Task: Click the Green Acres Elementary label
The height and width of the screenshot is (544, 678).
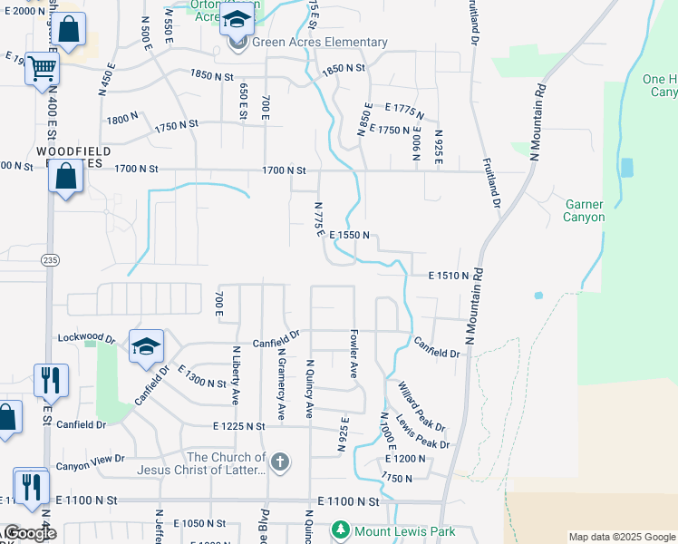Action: tap(320, 43)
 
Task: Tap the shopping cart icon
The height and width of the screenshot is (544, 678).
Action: tap(42, 68)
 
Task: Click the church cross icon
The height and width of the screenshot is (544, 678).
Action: tap(280, 462)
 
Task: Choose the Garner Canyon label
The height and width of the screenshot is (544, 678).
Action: tap(583, 210)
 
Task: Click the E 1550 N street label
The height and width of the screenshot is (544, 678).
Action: tap(350, 235)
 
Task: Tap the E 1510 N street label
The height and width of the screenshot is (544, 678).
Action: tap(449, 276)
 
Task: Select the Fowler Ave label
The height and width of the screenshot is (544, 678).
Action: tap(354, 354)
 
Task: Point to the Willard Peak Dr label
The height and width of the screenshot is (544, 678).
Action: tap(422, 407)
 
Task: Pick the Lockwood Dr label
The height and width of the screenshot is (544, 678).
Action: tap(85, 337)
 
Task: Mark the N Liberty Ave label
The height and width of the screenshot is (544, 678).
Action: tap(235, 374)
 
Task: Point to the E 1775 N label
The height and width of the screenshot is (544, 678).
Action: tap(404, 111)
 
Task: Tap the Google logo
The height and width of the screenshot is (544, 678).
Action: tap(30, 534)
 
